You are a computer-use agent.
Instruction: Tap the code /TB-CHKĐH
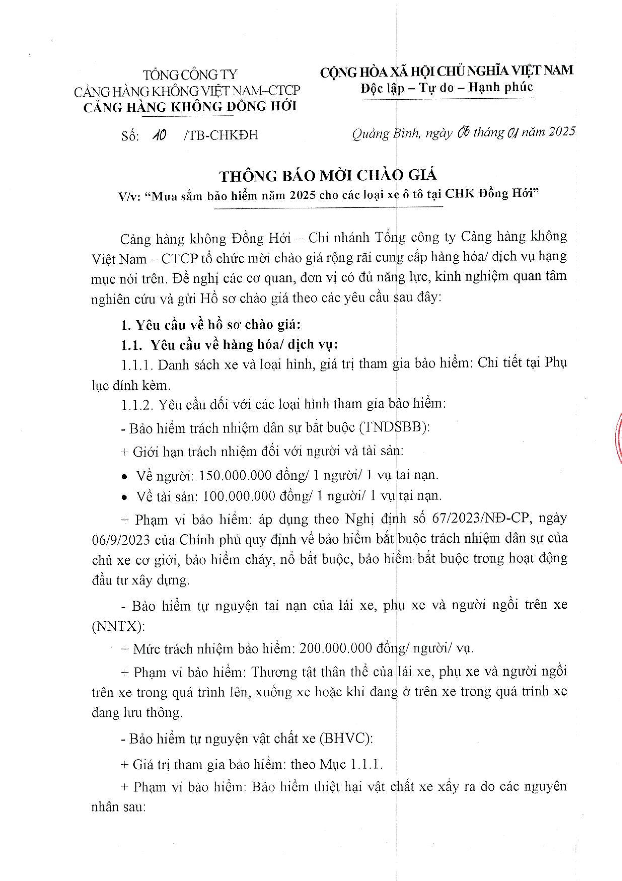[221, 135]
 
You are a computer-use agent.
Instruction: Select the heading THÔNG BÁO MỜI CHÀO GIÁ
[328, 176]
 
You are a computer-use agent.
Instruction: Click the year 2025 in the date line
[562, 132]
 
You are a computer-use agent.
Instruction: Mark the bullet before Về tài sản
[124, 498]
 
